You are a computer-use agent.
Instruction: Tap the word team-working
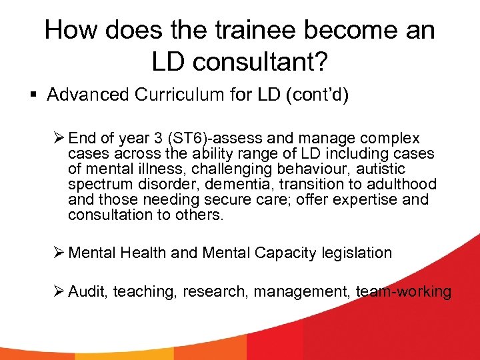point(403,292)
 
